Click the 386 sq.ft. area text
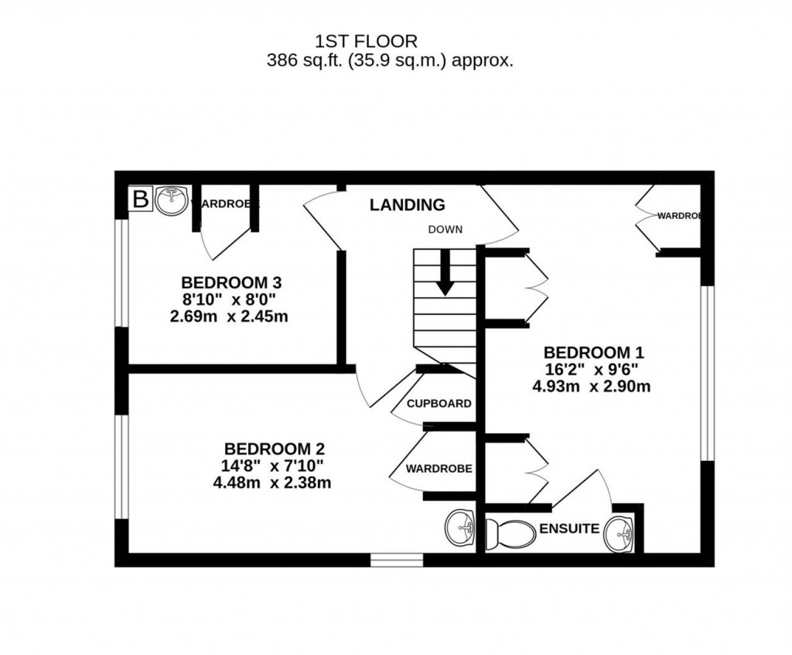point(390,61)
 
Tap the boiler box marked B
point(140,200)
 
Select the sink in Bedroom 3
point(170,200)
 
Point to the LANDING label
point(407,205)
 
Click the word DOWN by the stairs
point(445,229)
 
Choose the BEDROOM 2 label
point(274,449)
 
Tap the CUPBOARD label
point(439,404)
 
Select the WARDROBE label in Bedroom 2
point(439,469)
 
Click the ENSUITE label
point(569,529)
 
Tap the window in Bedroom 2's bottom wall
point(396,560)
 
